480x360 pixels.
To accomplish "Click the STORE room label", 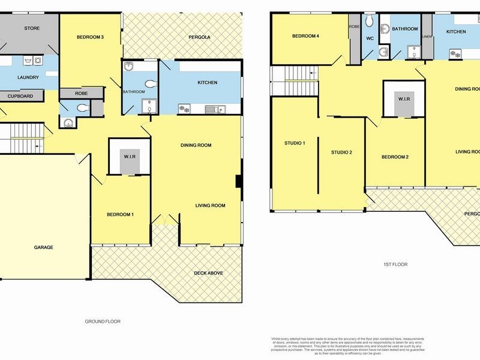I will tap(31, 28).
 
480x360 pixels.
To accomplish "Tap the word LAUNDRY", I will tap(28, 77).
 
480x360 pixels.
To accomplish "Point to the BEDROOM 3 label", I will tap(91, 37).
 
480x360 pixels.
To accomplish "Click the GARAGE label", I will tap(43, 247).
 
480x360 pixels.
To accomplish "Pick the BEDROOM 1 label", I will tap(121, 215).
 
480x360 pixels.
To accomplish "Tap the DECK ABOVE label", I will tap(209, 273).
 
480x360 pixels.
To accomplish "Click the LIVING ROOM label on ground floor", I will tap(210, 205).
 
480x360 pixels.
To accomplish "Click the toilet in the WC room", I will tap(370, 23).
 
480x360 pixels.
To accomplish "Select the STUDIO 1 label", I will tap(295, 143).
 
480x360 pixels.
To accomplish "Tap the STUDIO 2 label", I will tap(341, 152).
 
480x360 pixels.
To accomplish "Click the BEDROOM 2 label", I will tap(395, 157).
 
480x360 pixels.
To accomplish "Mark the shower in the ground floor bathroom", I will tap(148, 106).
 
